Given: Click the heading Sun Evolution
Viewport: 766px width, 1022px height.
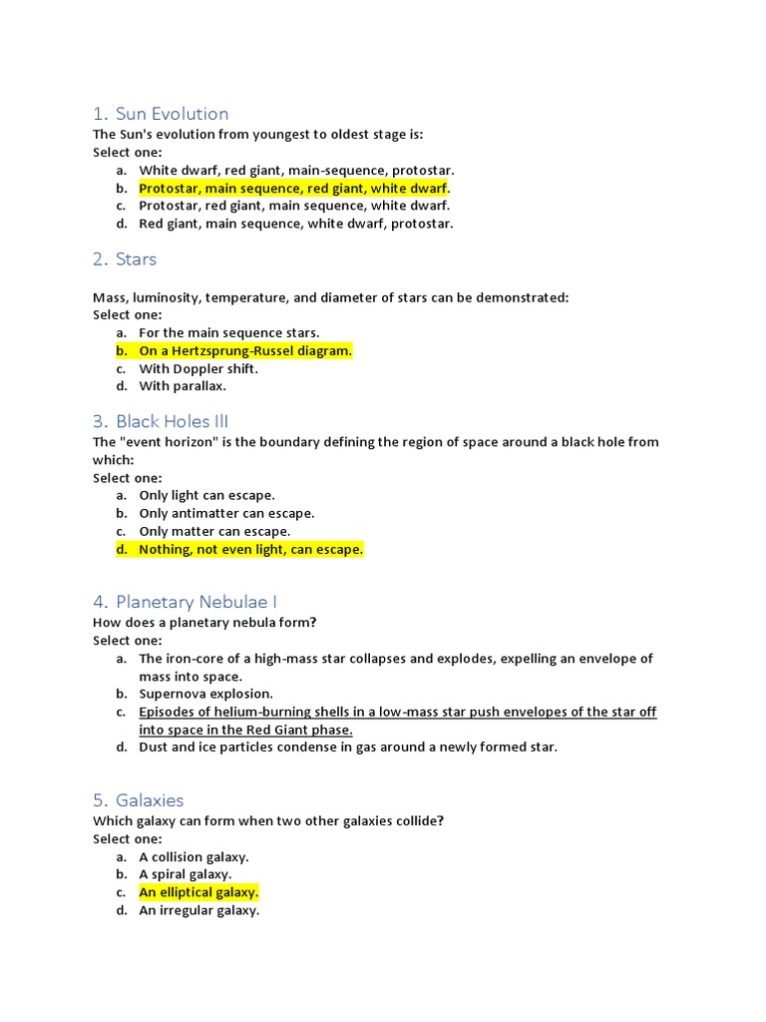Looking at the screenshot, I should click(x=172, y=114).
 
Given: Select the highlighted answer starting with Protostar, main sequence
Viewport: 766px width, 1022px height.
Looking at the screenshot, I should click(x=293, y=188).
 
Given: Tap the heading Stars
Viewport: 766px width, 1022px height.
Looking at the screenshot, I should click(x=136, y=259).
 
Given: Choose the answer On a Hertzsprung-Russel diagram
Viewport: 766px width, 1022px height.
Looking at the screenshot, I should click(x=245, y=350).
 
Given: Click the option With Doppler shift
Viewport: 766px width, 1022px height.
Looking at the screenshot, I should click(x=198, y=368).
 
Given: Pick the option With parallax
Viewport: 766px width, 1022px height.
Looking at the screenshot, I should click(x=183, y=386).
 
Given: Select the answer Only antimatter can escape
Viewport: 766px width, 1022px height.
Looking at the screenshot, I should click(x=226, y=513).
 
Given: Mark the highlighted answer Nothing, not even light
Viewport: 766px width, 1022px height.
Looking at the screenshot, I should click(x=251, y=549).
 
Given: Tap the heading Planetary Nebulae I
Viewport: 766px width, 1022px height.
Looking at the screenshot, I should click(x=196, y=602).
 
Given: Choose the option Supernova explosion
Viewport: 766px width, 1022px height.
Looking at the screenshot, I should click(x=205, y=694).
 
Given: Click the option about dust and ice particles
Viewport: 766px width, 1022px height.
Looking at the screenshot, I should click(x=348, y=747).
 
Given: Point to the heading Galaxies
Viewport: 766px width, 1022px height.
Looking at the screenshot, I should click(x=150, y=800).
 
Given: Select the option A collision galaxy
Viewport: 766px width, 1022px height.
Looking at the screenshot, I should click(x=193, y=856).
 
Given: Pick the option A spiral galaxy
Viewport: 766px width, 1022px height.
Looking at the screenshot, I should click(x=186, y=874).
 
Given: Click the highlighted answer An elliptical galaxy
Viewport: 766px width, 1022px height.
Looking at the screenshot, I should click(x=198, y=892).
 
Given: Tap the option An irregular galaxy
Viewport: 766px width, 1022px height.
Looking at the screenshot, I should click(x=198, y=910).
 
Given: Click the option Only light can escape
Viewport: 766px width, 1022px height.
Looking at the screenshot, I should click(x=206, y=495).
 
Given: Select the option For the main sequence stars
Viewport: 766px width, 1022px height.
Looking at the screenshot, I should click(x=229, y=332).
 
